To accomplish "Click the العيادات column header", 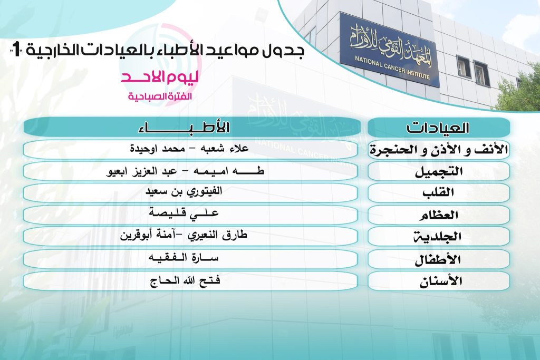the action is click(438, 128).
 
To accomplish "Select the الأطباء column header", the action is click(192, 127).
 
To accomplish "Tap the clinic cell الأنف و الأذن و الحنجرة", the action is click(438, 150).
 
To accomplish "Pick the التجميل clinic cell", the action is click(438, 171).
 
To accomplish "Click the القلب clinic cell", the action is click(438, 192).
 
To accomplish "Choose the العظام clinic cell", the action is click(438, 215).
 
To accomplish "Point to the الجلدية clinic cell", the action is click(438, 237).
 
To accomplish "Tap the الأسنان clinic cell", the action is click(438, 281).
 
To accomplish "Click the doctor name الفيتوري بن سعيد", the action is click(184, 192).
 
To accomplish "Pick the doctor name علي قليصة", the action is click(184, 212).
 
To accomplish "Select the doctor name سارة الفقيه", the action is click(183, 257).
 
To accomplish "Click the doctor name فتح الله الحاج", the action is click(185, 280).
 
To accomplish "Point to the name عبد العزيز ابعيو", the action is click(141, 171).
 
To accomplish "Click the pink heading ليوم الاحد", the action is click(159, 77).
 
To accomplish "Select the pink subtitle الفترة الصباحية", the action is click(160, 96).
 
